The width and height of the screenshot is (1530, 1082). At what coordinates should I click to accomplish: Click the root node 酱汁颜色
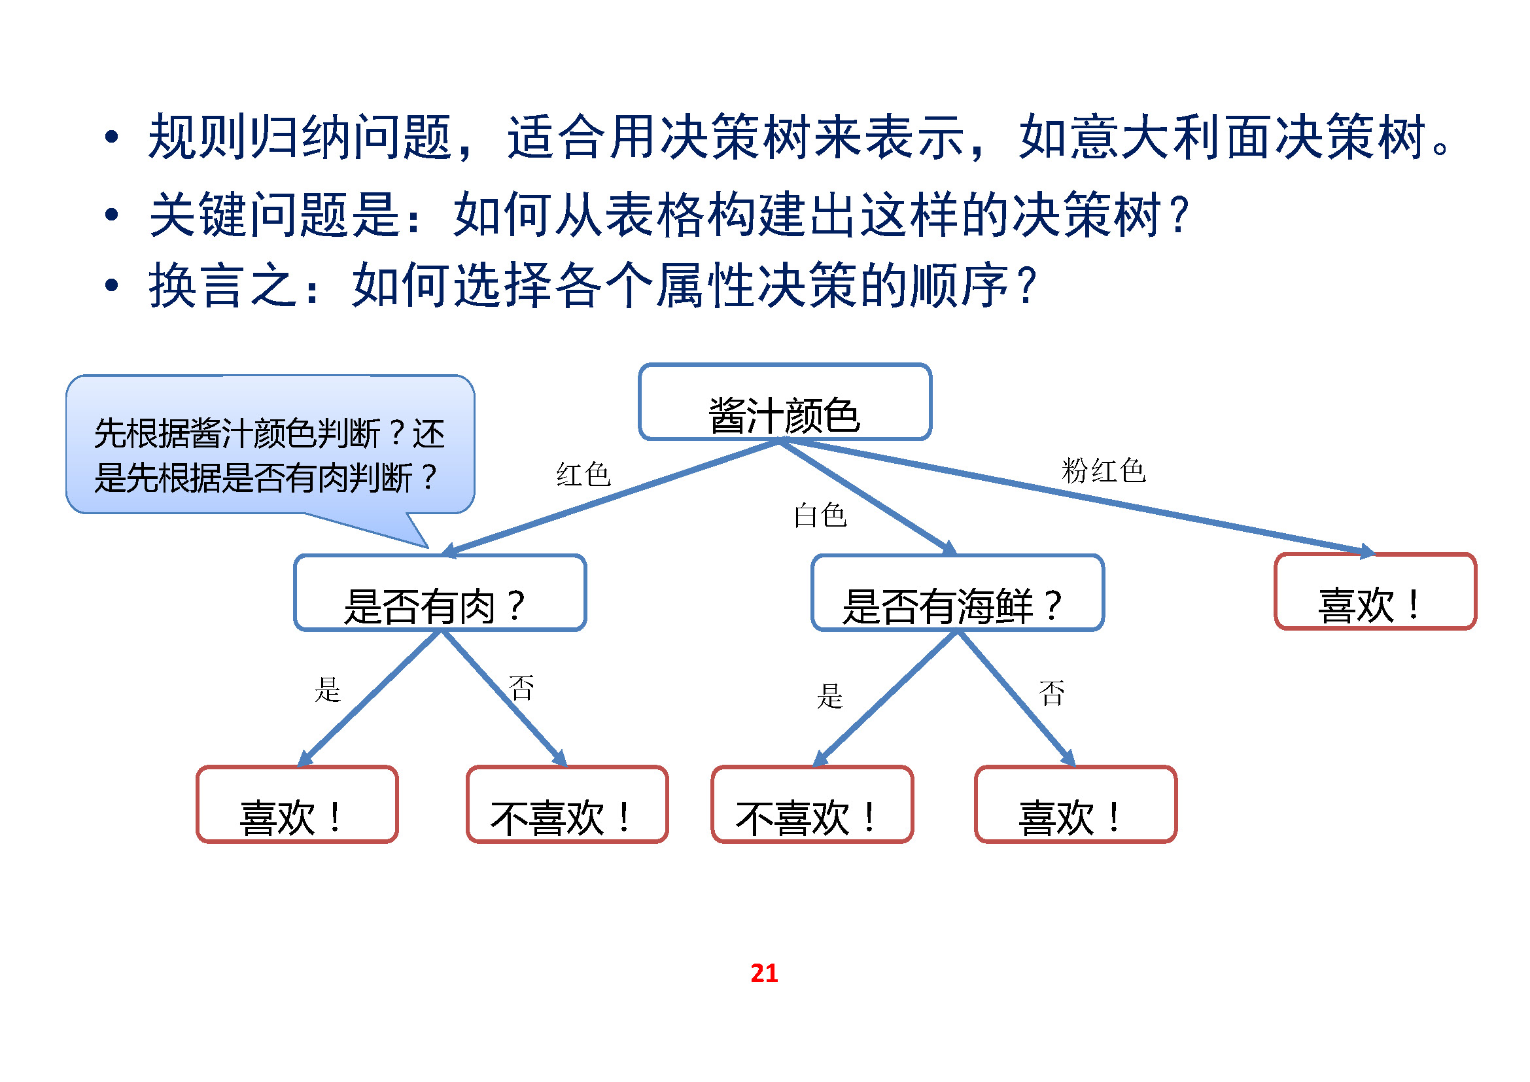784,402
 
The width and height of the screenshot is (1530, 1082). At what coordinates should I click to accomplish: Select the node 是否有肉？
440,593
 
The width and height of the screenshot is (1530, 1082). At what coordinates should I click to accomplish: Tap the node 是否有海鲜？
957,593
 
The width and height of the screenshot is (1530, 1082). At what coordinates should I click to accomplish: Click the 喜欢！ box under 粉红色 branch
1375,591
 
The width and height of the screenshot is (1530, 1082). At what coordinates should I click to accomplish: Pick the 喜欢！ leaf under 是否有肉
297,804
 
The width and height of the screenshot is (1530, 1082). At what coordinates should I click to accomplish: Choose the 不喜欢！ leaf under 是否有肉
567,804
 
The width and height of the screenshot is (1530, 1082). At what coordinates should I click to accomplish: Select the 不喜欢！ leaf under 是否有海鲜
812,804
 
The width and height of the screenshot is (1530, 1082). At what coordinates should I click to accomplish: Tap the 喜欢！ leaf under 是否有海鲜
1075,804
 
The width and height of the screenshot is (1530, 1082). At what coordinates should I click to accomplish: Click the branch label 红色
583,475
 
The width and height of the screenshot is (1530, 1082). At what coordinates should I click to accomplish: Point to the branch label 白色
820,515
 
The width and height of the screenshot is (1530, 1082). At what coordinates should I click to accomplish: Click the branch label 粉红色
1103,471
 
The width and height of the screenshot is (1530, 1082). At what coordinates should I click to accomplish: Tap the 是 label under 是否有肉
327,689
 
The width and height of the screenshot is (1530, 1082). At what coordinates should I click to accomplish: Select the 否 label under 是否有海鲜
1052,693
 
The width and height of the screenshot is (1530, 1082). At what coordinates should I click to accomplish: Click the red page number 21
763,973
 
